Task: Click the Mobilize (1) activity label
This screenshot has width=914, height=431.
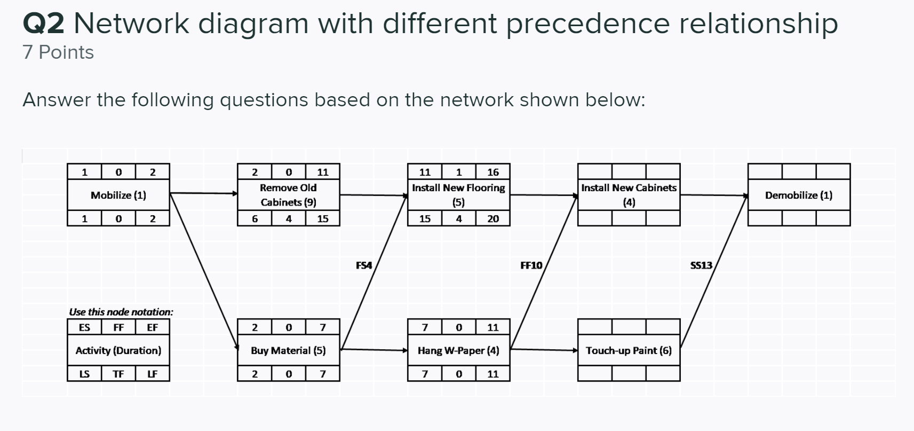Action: tap(118, 195)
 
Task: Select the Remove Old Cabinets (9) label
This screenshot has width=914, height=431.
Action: tap(288, 195)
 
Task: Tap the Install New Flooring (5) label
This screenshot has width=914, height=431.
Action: tap(458, 195)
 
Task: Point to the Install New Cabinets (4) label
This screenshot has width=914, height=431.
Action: tap(629, 195)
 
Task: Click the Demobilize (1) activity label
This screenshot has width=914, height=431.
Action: tap(798, 195)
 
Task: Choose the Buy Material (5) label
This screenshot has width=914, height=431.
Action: tap(288, 350)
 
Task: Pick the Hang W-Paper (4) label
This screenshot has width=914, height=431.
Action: tap(458, 350)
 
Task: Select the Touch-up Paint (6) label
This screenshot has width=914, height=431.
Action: tap(629, 350)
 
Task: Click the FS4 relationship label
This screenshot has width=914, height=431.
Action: tap(363, 265)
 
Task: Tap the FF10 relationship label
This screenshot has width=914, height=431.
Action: tap(531, 265)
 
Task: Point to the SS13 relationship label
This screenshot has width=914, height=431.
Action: tap(701, 265)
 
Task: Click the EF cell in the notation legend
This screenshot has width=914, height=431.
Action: tap(152, 327)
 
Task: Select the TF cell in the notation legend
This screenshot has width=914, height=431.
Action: tap(118, 374)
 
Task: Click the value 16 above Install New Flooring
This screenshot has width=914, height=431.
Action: tap(492, 172)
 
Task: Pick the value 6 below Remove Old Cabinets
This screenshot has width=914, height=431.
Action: tap(255, 218)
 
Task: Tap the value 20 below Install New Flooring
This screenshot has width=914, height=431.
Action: tap(492, 218)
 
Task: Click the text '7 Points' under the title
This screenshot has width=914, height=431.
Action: tap(58, 52)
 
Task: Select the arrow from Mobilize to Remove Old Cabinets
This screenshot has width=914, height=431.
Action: tap(203, 193)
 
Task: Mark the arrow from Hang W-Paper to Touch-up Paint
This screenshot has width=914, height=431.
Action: tap(543, 350)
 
